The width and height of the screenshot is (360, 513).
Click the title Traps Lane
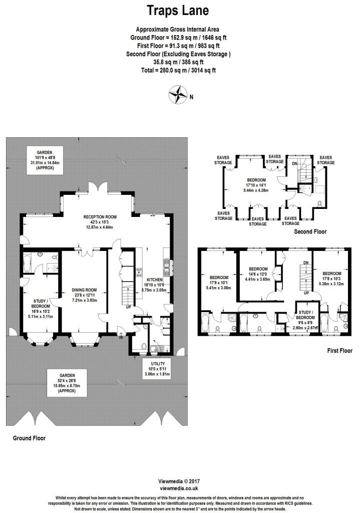(x=178, y=11)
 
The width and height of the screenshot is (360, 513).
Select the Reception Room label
(x=100, y=222)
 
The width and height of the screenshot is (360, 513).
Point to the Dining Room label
(x=84, y=295)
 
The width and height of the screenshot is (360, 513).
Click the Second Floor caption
(x=310, y=231)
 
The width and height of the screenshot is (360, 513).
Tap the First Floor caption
(x=340, y=351)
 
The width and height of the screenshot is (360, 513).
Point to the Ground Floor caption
(x=29, y=438)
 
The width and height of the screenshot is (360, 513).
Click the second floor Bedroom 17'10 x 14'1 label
(x=256, y=185)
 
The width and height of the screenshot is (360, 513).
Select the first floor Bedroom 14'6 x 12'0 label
(x=258, y=274)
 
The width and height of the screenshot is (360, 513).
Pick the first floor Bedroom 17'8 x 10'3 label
(x=331, y=279)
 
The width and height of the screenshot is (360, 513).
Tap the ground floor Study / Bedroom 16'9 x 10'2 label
(x=41, y=309)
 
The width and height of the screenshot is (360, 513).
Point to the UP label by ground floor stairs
(x=129, y=307)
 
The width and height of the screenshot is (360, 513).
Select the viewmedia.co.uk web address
(x=179, y=488)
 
